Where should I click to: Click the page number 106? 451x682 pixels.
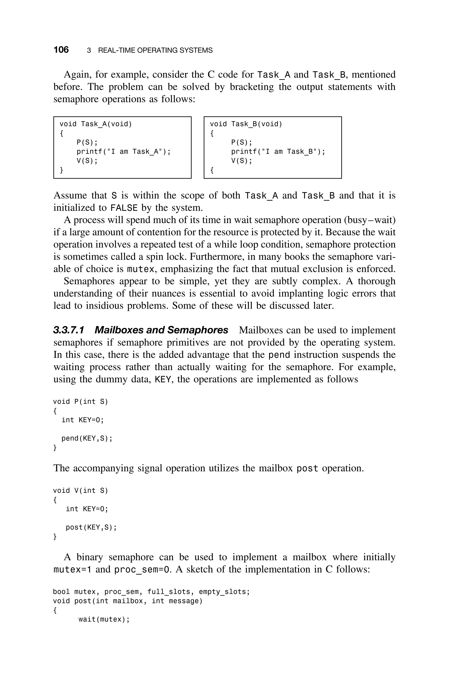click(61, 50)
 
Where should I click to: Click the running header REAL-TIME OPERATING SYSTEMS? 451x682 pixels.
click(155, 51)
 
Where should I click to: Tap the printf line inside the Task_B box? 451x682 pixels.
click(278, 152)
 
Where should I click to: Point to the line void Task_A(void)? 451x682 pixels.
click(96, 124)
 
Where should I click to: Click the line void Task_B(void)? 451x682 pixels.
click(246, 124)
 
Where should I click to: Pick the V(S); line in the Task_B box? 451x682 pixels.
click(242, 161)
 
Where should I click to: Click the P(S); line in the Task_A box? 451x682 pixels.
click(87, 142)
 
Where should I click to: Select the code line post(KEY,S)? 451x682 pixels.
click(91, 527)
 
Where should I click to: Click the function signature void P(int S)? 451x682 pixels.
click(81, 401)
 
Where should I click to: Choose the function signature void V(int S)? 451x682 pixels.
click(81, 491)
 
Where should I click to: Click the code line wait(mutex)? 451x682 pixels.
click(104, 620)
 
